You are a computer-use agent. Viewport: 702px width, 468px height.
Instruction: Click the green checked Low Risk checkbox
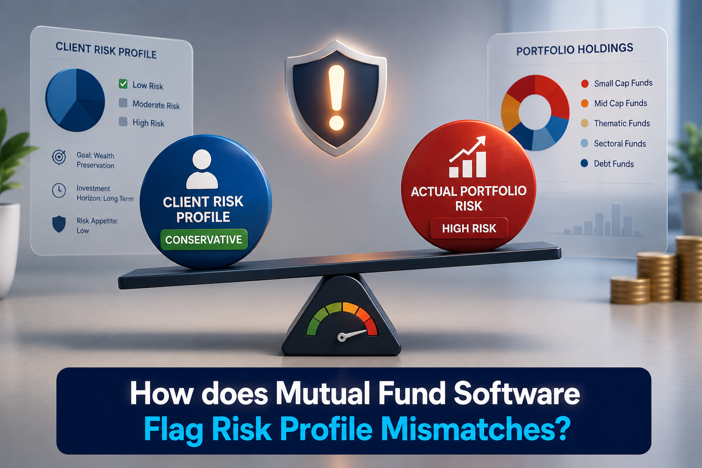[123, 84]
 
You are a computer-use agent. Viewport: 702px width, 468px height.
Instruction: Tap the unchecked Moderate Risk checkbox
[123, 103]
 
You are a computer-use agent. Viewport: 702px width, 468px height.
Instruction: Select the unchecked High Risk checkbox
[123, 122]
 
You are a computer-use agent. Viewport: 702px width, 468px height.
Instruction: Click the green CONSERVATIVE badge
[204, 239]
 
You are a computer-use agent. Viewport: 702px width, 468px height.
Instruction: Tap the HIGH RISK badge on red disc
[469, 228]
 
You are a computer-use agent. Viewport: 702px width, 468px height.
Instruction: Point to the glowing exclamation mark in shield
[336, 97]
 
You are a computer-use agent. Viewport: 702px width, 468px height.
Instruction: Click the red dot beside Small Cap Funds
[585, 84]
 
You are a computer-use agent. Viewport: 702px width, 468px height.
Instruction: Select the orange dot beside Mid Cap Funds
[585, 103]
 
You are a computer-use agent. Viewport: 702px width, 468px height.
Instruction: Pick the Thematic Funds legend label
[622, 123]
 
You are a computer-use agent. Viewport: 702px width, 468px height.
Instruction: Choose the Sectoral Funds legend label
[620, 144]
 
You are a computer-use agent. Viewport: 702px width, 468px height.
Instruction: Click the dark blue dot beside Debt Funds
[584, 163]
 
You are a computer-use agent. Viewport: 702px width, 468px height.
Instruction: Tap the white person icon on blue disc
[202, 169]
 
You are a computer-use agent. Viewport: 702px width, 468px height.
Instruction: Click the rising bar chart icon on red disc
[468, 157]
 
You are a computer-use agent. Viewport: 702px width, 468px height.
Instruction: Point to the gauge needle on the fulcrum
[352, 335]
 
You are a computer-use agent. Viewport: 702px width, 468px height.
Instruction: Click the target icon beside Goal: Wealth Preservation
[59, 157]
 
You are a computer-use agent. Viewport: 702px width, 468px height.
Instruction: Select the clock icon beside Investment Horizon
[59, 190]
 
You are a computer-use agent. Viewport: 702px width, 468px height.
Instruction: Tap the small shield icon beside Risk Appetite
[59, 224]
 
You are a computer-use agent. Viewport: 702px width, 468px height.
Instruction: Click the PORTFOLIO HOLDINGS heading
[575, 49]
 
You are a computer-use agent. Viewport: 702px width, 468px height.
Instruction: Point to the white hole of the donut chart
[535, 112]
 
